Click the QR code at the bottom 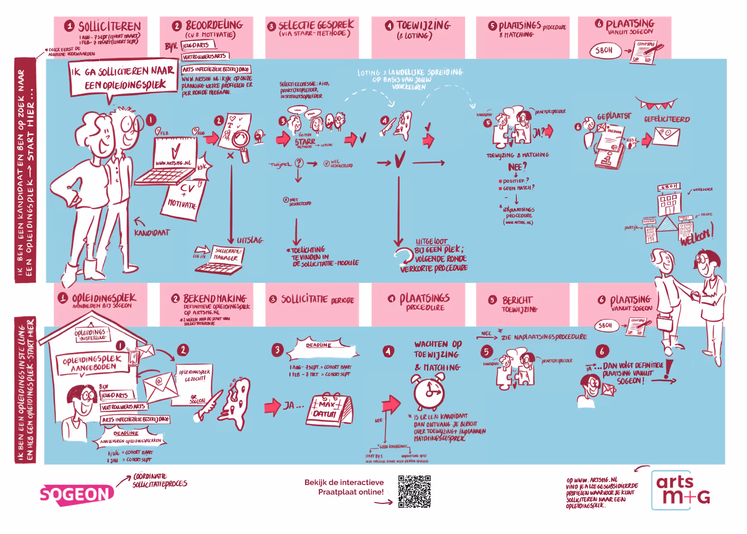[x=414, y=492]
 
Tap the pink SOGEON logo [x=76, y=495]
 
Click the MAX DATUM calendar [x=329, y=410]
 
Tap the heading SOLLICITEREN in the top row [x=110, y=27]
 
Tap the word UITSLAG [x=250, y=240]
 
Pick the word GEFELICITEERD [x=667, y=119]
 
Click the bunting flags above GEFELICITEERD [x=657, y=103]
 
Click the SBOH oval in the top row [x=605, y=50]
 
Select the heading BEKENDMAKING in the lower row [x=215, y=299]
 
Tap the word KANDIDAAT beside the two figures [x=152, y=233]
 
